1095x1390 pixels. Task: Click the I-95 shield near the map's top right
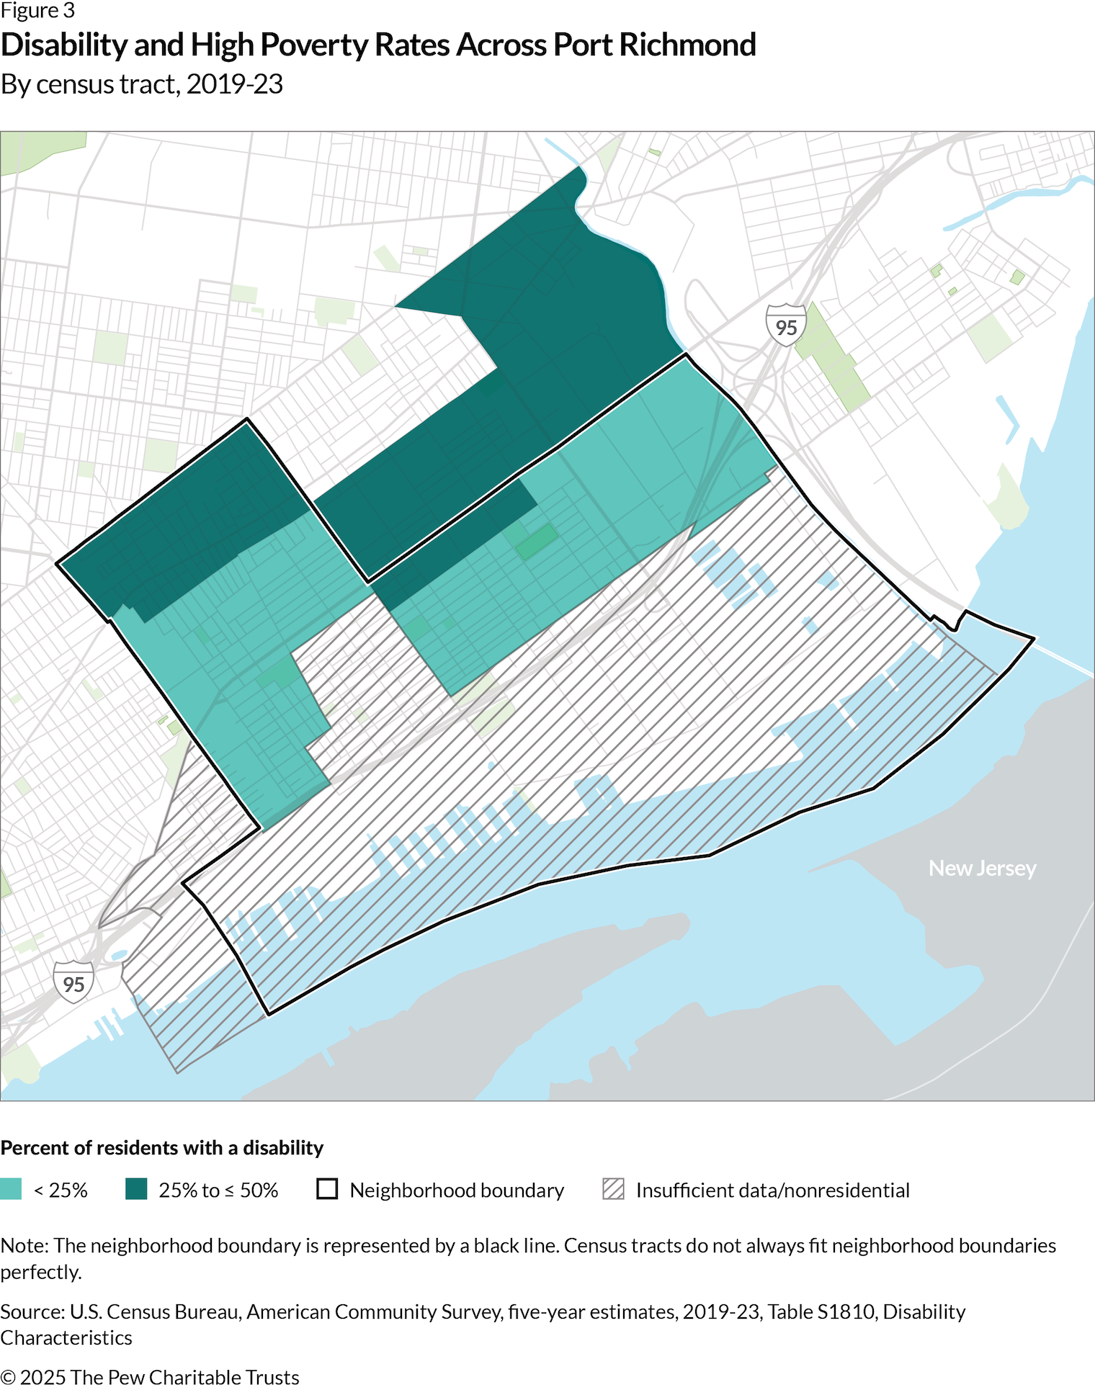[x=785, y=326]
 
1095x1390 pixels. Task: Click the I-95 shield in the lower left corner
[x=73, y=982]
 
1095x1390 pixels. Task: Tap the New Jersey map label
[x=982, y=868]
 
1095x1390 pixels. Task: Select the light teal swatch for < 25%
[x=11, y=1189]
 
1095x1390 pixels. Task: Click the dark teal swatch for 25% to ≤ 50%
[x=136, y=1189]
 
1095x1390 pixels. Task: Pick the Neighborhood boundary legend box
[x=327, y=1189]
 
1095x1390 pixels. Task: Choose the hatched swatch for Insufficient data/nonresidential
[x=613, y=1189]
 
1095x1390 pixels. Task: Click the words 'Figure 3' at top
[x=37, y=11]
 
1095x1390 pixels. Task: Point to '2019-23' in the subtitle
[x=235, y=84]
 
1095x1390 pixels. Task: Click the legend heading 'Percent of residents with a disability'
[x=162, y=1147]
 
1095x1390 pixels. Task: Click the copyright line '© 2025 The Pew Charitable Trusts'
[x=150, y=1377]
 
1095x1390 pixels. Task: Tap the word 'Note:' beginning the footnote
[x=24, y=1245]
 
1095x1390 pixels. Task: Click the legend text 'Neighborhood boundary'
[x=457, y=1190]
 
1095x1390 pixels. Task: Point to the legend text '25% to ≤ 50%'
[x=218, y=1190]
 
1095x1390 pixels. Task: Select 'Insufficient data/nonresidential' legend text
[x=772, y=1190]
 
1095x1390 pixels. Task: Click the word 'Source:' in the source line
[x=32, y=1311]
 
